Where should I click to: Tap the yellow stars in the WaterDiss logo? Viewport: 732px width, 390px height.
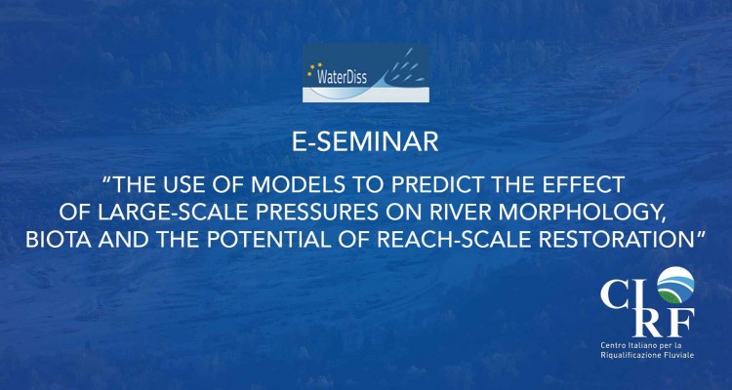pyautogui.click(x=313, y=68)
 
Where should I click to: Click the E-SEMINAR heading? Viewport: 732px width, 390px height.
pyautogui.click(x=365, y=142)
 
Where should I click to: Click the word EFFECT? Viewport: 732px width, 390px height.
pyautogui.click(x=588, y=185)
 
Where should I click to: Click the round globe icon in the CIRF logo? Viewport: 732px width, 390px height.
pyautogui.click(x=675, y=285)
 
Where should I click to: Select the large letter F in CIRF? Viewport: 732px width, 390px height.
pyautogui.click(x=680, y=323)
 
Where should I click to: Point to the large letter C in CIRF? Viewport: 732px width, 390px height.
pyautogui.click(x=616, y=294)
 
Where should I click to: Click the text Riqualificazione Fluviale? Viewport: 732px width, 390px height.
pyautogui.click(x=647, y=356)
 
